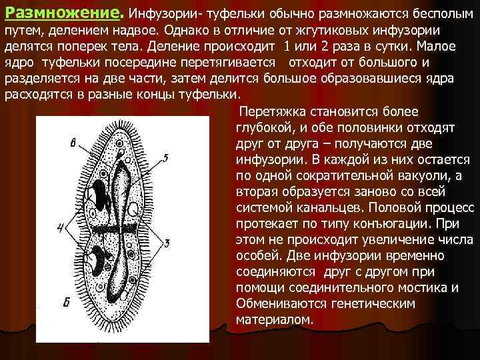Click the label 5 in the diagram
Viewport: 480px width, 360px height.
point(166,156)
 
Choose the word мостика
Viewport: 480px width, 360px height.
point(426,287)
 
